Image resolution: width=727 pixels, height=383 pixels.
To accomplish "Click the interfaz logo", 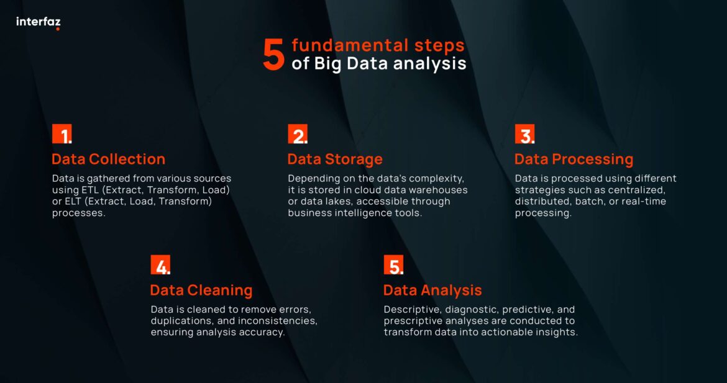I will tap(38, 22).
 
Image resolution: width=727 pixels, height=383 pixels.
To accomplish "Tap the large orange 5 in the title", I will tap(273, 55).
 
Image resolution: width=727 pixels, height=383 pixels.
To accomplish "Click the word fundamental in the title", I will tap(343, 45).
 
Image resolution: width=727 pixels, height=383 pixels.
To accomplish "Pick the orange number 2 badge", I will tap(297, 134).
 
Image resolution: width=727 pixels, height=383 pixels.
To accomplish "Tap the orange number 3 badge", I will tap(524, 134).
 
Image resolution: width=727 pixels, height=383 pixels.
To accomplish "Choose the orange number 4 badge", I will tap(160, 265).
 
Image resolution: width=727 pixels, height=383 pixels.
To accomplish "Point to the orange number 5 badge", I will tap(393, 265).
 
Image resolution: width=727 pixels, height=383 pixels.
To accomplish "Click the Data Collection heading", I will tap(109, 159).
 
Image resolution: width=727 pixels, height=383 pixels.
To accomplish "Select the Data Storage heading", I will tap(335, 159).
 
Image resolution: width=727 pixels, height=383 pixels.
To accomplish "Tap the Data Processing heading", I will tap(574, 159).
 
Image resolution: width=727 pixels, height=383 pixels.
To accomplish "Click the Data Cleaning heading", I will tap(201, 290).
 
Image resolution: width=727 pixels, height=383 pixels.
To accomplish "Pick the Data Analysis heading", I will tap(432, 290).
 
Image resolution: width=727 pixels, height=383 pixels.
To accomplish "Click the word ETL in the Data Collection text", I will tap(86, 189).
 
